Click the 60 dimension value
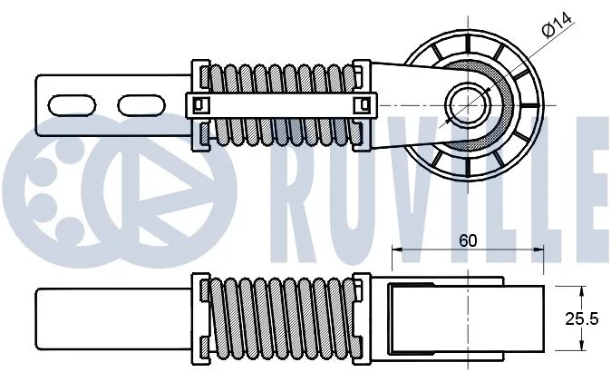point(468,240)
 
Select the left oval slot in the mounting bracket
point(71,104)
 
